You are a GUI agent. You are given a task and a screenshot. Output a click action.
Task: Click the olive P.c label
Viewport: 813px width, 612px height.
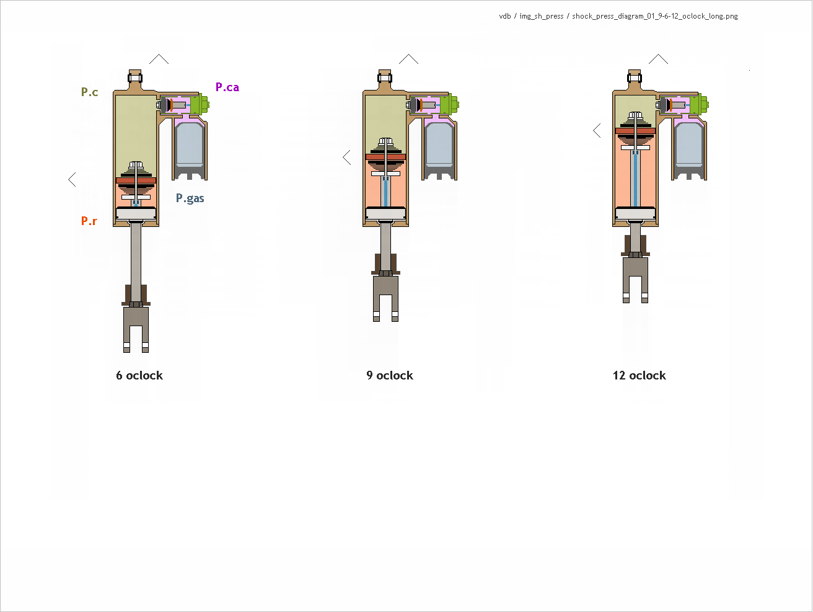click(x=90, y=92)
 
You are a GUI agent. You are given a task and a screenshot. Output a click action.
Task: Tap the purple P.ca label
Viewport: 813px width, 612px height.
click(x=227, y=87)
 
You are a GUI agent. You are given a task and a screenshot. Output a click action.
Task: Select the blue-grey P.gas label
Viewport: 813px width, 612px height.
click(x=190, y=198)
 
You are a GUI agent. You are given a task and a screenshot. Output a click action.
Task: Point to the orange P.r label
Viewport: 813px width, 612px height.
click(x=89, y=221)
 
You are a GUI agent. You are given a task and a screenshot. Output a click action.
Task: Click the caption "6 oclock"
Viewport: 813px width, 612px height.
click(x=139, y=376)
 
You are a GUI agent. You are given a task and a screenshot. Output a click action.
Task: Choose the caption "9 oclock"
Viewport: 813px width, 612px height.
click(x=390, y=376)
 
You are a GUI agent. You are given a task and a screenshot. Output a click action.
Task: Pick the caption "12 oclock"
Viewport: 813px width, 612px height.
click(x=639, y=376)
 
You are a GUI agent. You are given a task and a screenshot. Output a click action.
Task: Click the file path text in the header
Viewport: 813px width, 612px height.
click(x=618, y=16)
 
